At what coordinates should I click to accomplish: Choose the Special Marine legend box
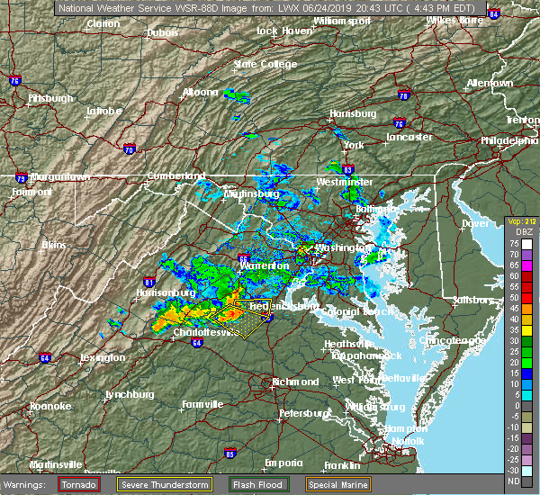(338, 484)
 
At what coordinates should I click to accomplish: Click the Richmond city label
(295, 382)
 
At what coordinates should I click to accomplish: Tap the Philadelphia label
(509, 141)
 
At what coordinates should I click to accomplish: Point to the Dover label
(474, 223)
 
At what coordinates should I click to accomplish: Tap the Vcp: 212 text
(521, 221)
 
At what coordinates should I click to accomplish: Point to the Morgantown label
(58, 177)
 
